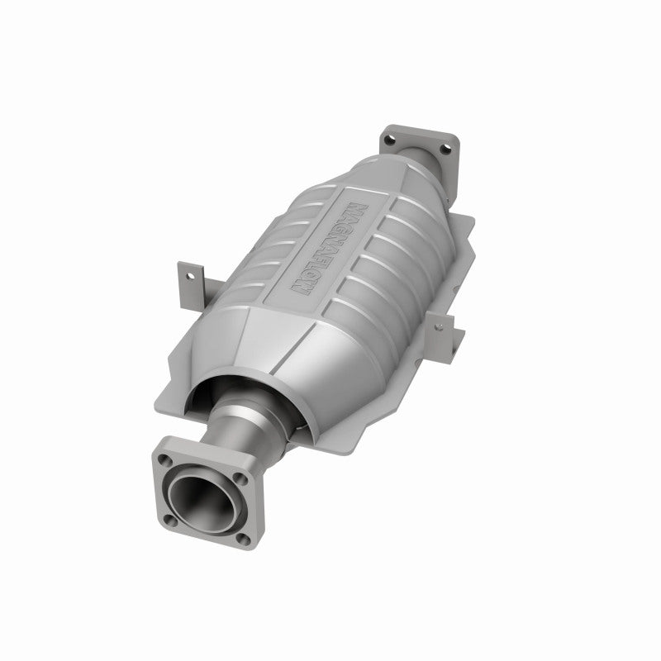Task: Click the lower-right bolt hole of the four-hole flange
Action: point(244,538)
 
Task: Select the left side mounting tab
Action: point(189,282)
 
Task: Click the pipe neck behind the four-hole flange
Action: point(248,439)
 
